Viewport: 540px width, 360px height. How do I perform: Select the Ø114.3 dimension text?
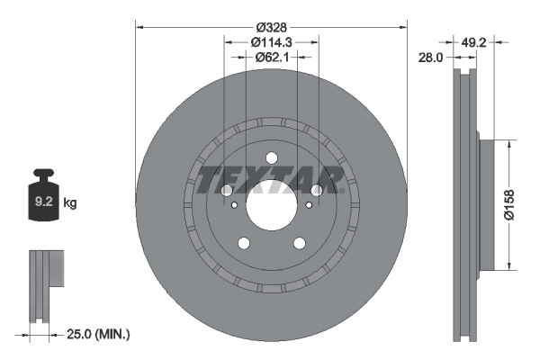pos(271,41)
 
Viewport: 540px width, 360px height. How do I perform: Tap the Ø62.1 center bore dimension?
pos(271,58)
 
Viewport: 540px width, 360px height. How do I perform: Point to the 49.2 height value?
pos(474,41)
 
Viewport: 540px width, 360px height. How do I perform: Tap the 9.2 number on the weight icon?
pos(42,203)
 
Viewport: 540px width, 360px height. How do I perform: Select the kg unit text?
pos(70,203)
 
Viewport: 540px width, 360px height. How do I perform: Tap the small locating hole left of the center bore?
pos(235,206)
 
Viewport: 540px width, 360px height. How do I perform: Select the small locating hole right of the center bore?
pos(307,206)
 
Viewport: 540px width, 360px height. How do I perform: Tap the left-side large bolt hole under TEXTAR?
pos(225,190)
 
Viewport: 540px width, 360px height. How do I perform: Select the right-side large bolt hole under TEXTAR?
pos(317,190)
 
